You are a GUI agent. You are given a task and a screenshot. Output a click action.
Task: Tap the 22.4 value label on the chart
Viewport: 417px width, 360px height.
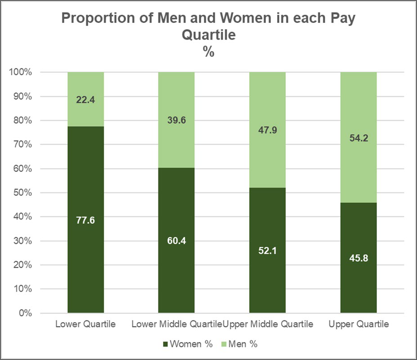tap(85, 100)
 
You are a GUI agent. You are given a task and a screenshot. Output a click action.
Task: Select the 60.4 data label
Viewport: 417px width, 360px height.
tap(176, 241)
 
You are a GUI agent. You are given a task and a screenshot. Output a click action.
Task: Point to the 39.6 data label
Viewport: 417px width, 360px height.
tap(176, 121)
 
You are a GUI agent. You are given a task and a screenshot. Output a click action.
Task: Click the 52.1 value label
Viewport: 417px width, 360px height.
tap(267, 251)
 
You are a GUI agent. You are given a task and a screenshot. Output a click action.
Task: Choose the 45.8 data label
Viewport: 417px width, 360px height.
tap(358, 258)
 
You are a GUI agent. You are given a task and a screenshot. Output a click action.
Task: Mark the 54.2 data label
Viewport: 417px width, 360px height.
tap(358, 139)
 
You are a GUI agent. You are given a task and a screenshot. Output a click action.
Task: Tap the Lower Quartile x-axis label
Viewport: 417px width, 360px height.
tap(85, 324)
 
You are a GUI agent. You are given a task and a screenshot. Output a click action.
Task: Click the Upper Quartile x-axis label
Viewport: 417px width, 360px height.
tap(359, 324)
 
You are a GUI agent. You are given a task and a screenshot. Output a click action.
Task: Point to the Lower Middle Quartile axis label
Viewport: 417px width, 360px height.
tap(176, 324)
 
